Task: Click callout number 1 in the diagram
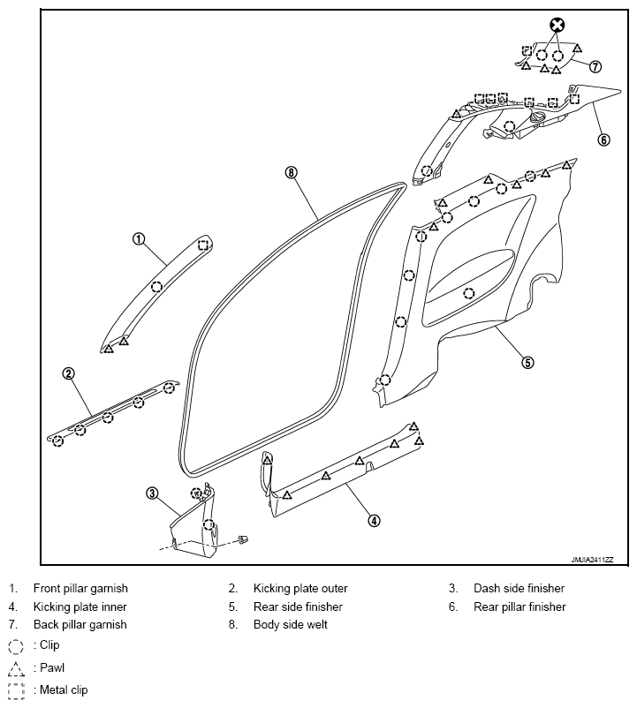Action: coord(139,239)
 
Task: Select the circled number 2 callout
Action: coord(68,374)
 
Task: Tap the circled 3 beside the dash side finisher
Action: coord(152,493)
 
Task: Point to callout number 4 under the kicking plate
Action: coord(374,521)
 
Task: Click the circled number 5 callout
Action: coord(527,362)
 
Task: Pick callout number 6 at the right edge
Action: coord(603,139)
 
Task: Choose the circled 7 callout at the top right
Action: coord(595,66)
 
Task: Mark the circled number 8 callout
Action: coord(292,172)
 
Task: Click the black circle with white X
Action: coord(557,25)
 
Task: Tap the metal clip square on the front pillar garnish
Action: coord(203,245)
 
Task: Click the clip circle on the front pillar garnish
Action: coord(156,287)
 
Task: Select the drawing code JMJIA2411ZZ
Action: coord(592,560)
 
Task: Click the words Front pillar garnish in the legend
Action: coord(80,588)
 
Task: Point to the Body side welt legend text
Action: coord(290,624)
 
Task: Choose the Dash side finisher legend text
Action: coord(519,588)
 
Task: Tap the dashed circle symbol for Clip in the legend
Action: coord(16,646)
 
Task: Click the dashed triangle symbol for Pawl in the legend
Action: coord(16,669)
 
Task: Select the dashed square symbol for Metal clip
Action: coord(16,691)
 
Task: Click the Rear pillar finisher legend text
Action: coord(519,606)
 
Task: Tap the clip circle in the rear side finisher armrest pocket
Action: coord(469,293)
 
